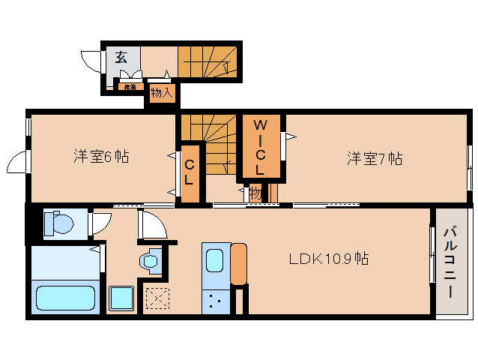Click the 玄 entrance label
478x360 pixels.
(121, 57)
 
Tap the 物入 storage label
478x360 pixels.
(162, 93)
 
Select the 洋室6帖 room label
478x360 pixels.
(100, 157)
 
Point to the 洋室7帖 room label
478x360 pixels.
(374, 158)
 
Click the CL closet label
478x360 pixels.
(190, 172)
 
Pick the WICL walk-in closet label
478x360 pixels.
(259, 147)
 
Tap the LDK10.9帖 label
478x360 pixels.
(329, 259)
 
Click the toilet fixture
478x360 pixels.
(58, 223)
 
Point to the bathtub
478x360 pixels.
(66, 297)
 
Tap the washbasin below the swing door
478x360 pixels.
(150, 261)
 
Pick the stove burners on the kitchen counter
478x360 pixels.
(215, 301)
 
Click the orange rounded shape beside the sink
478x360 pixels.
(239, 264)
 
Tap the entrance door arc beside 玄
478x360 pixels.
(92, 60)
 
